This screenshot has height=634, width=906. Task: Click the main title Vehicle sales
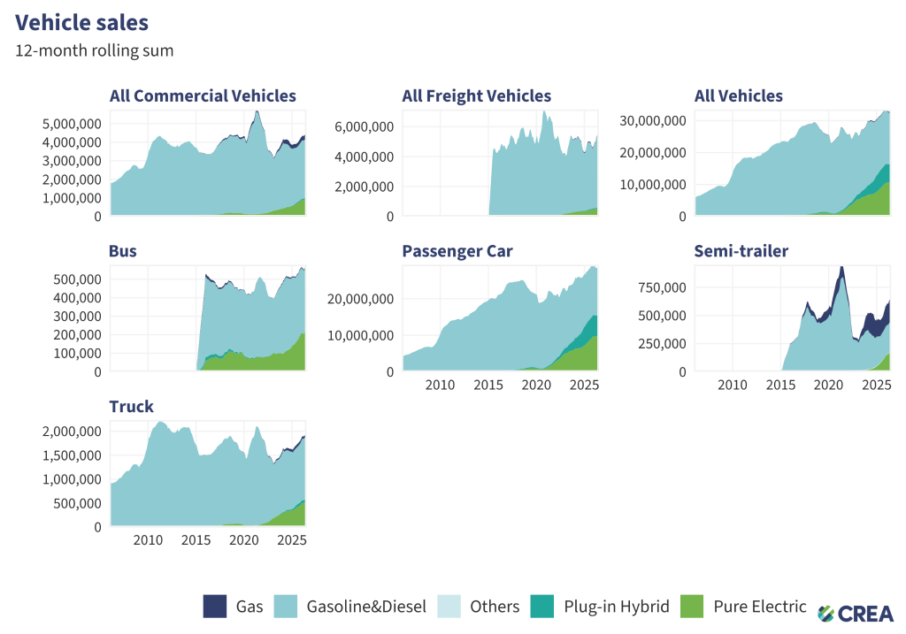point(81,22)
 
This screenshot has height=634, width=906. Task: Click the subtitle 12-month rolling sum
point(94,50)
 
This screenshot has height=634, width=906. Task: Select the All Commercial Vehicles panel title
point(203,95)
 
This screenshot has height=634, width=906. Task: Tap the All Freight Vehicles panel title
point(477,95)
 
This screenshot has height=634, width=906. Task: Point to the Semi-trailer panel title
point(741,251)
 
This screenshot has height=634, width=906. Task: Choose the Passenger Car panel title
point(457,252)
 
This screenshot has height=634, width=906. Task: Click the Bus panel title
point(123,251)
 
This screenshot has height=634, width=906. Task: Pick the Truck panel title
point(132,407)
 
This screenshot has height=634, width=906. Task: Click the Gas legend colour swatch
point(215,607)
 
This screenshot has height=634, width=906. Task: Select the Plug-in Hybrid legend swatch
point(542,607)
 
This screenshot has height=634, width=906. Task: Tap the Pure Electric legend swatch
point(692,607)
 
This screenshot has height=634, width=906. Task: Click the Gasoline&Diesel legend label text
point(366,607)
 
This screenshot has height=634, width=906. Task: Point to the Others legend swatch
point(449,607)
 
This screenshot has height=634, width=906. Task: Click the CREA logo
point(856,613)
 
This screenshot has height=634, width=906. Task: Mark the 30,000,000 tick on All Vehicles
point(653,121)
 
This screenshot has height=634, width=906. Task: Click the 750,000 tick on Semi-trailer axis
point(662,287)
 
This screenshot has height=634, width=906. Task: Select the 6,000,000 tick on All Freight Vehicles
point(364,127)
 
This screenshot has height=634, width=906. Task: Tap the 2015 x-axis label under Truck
point(196,540)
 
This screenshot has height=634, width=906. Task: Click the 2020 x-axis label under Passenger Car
point(536,386)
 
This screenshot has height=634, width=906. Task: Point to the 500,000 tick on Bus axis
point(78,279)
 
